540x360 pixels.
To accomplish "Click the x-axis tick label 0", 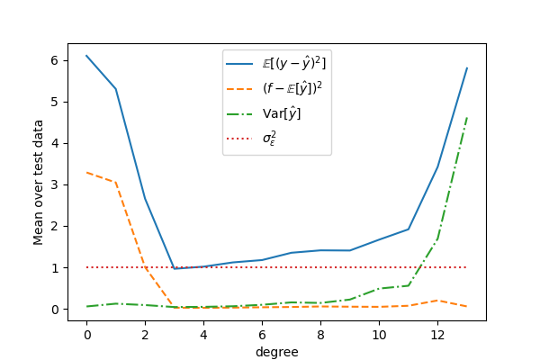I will [x=87, y=335].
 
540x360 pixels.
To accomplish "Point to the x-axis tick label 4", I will [x=203, y=335].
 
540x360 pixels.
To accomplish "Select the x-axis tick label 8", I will [x=320, y=335].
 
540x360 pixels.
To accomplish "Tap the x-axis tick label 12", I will [x=437, y=335].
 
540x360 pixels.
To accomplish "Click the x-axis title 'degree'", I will [x=277, y=352].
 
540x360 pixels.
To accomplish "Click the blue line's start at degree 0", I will [x=87, y=56].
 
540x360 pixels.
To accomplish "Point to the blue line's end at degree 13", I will [x=467, y=68].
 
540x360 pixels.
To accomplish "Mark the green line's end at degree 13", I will [x=467, y=117].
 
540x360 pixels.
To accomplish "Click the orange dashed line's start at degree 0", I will [x=87, y=173].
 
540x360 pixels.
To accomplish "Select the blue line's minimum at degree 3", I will [x=175, y=268].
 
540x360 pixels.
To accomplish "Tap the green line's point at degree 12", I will [x=437, y=239].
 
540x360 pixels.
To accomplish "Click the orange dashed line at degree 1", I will [x=116, y=183].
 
